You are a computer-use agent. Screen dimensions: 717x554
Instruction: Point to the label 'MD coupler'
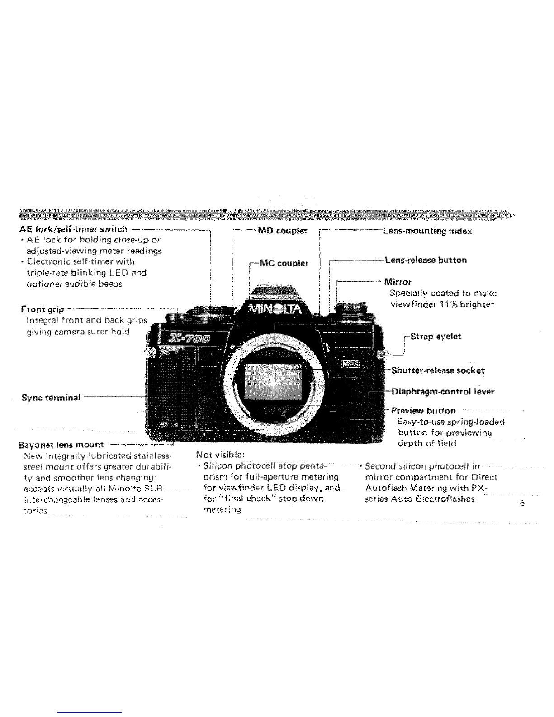point(283,231)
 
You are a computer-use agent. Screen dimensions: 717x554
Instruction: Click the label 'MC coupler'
point(284,263)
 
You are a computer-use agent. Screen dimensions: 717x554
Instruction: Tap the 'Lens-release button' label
point(426,260)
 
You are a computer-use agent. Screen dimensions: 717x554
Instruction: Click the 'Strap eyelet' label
point(436,337)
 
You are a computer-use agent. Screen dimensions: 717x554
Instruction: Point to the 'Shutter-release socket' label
point(438,370)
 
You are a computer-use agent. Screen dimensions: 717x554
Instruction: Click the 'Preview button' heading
point(423,411)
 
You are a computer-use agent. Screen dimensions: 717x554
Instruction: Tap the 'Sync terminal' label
point(51,398)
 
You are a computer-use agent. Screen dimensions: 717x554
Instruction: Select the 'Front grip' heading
point(43,310)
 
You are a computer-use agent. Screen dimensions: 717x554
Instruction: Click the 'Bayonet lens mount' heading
point(61,444)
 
